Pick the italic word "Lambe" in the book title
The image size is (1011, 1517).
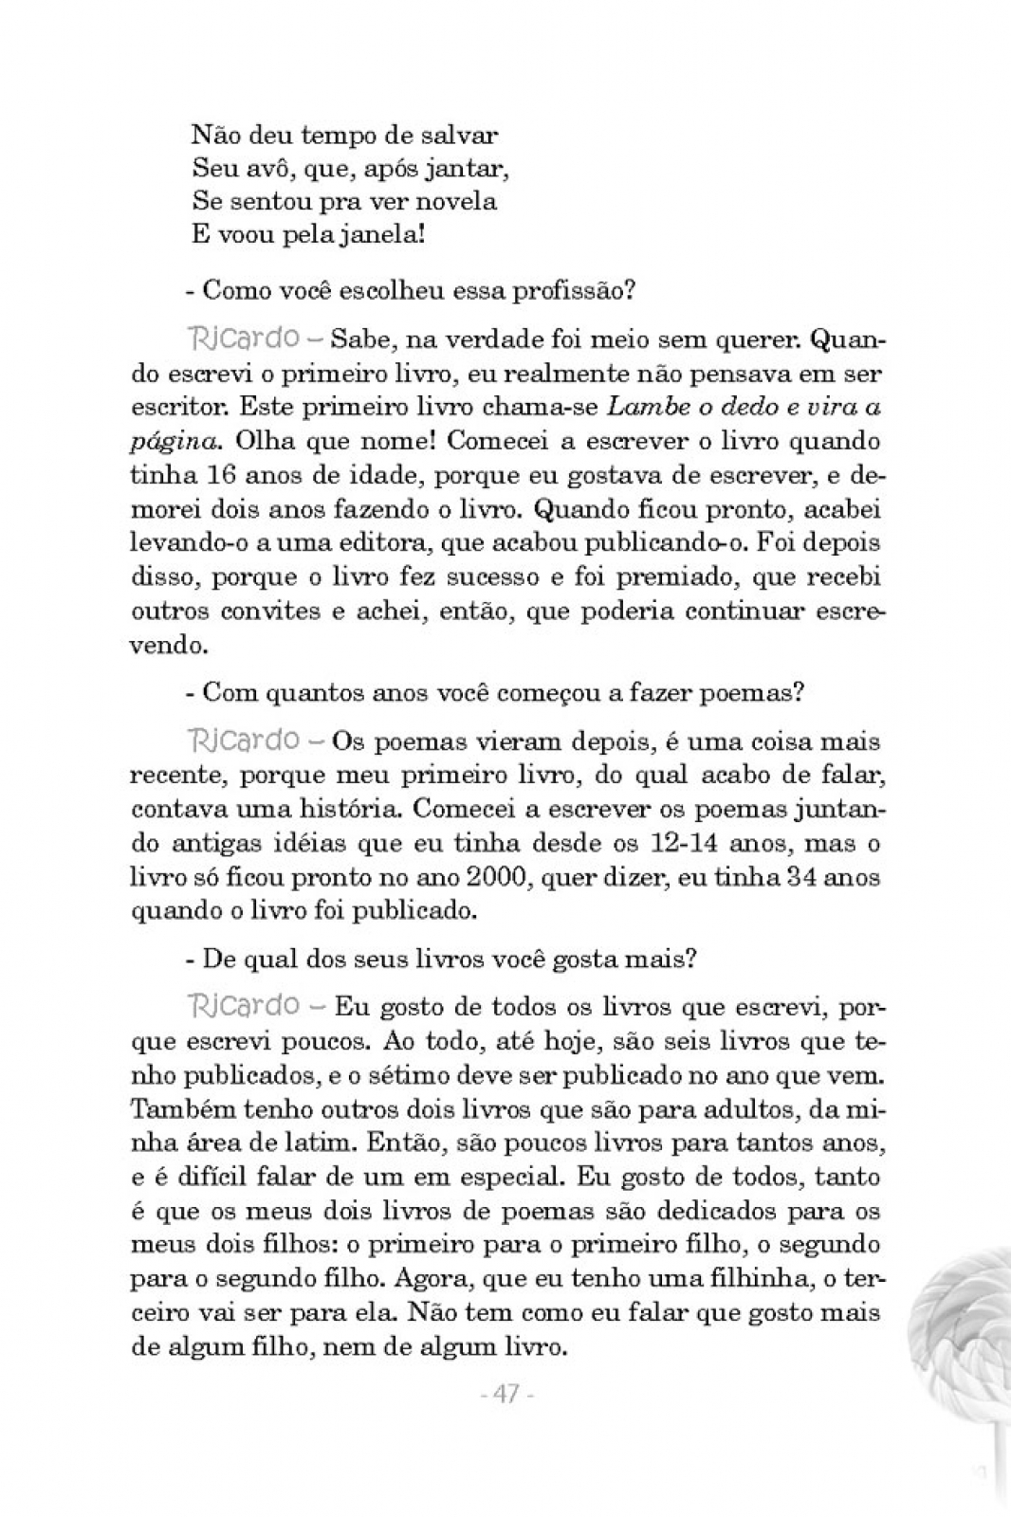[639, 407]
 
